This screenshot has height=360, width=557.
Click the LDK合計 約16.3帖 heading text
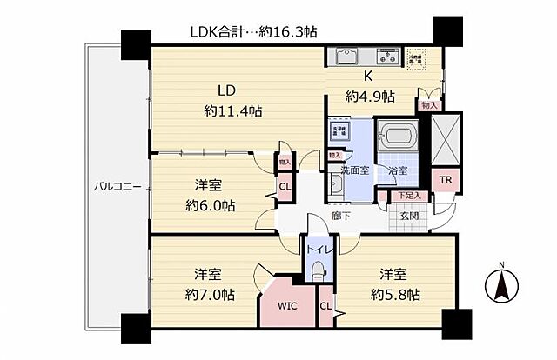253,31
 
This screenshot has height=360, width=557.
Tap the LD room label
226,90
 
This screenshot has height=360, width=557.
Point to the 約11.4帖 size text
232,110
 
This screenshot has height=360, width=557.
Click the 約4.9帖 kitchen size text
370,96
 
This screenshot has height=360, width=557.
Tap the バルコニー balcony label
117,186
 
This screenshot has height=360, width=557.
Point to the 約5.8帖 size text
394,294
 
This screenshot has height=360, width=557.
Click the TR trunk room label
445,180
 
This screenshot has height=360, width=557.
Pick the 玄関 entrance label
409,215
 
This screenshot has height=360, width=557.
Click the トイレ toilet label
315,250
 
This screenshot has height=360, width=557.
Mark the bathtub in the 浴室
398,137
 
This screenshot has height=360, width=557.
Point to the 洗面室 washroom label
356,170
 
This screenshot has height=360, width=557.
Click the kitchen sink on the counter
346,57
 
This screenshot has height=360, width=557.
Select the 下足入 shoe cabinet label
405,197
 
